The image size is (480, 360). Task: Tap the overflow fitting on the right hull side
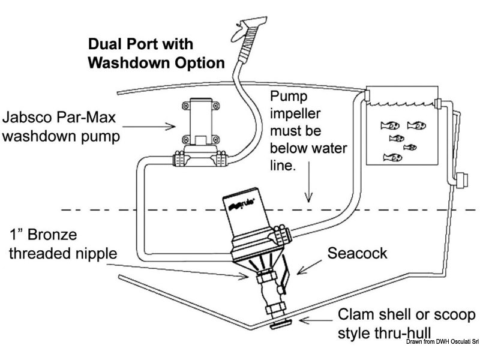(x=461, y=180)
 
